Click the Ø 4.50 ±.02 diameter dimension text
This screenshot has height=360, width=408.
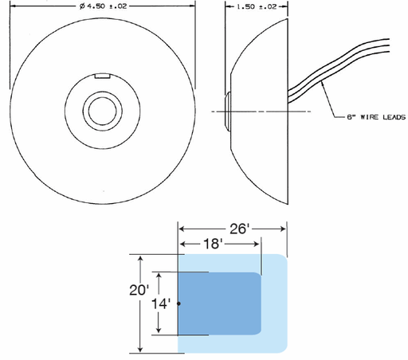103,6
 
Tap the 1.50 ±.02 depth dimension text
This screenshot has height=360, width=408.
257,6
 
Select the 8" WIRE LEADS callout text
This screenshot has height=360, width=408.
376,117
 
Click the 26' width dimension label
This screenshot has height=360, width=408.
240,229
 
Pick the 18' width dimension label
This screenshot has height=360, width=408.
213,244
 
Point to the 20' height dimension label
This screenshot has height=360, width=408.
139,290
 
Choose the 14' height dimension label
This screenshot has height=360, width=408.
161,303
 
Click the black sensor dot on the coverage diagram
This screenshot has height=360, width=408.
178,303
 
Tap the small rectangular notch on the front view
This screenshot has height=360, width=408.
103,76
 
